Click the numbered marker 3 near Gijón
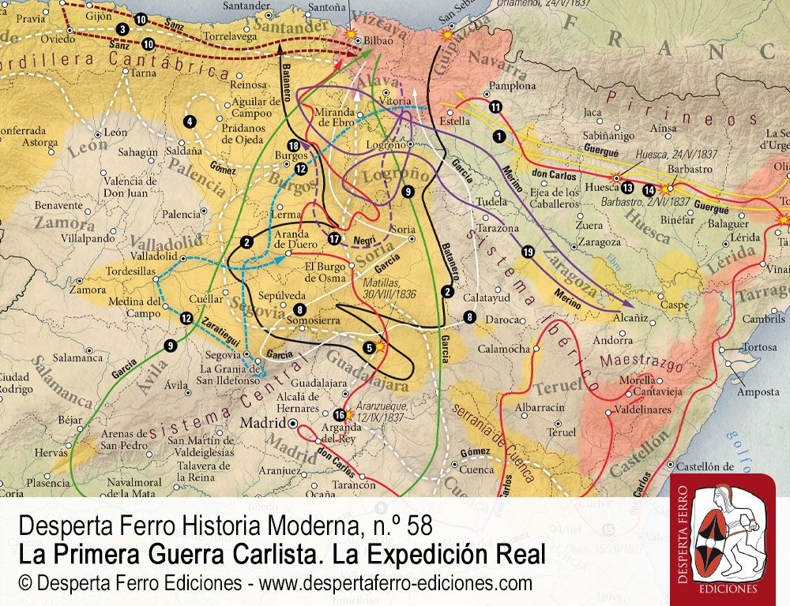[x=122, y=29]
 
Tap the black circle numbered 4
[x=190, y=122]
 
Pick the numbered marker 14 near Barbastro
[x=649, y=189]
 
